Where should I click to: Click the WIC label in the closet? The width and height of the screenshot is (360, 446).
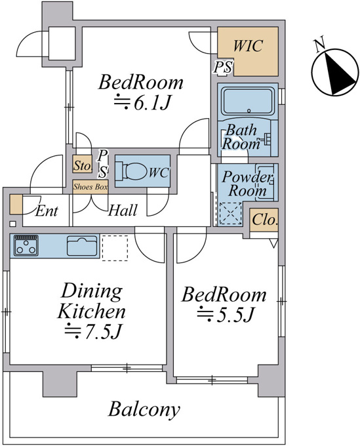click(248, 46)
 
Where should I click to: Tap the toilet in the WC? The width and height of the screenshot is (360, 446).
click(130, 171)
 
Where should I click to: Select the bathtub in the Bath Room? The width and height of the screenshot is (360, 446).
click(248, 102)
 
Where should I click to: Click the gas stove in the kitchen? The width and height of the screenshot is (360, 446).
click(26, 245)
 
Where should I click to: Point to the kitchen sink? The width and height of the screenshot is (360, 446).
click(82, 246)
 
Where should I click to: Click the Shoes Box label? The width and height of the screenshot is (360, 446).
click(90, 187)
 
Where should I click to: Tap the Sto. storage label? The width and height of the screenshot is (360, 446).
click(83, 165)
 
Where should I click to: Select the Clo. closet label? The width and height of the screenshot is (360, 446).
click(264, 220)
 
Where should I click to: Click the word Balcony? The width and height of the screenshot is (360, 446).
click(144, 410)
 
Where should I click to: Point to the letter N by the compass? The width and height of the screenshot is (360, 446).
click(320, 45)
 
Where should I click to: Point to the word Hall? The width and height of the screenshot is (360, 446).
click(123, 211)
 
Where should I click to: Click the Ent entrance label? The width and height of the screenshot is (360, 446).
click(47, 211)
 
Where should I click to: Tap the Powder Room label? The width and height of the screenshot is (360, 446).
click(247, 184)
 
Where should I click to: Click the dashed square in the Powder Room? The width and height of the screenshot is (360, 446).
click(231, 213)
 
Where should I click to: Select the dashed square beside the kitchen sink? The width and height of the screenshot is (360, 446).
click(115, 247)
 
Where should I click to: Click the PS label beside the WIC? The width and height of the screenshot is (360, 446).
click(223, 67)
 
